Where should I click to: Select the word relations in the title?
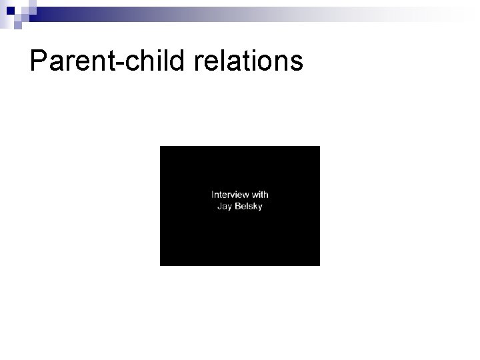click(249, 61)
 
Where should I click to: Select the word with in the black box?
click(260, 195)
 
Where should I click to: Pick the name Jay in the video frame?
click(225, 207)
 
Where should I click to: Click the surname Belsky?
click(248, 206)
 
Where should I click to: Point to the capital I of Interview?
click(213, 195)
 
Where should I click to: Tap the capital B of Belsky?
click(237, 206)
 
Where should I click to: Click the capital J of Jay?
click(219, 206)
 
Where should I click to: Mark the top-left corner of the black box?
click(161, 147)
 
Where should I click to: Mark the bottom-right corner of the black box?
click(319, 265)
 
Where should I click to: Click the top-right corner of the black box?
click(319, 147)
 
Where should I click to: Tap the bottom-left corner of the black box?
click(161, 265)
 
